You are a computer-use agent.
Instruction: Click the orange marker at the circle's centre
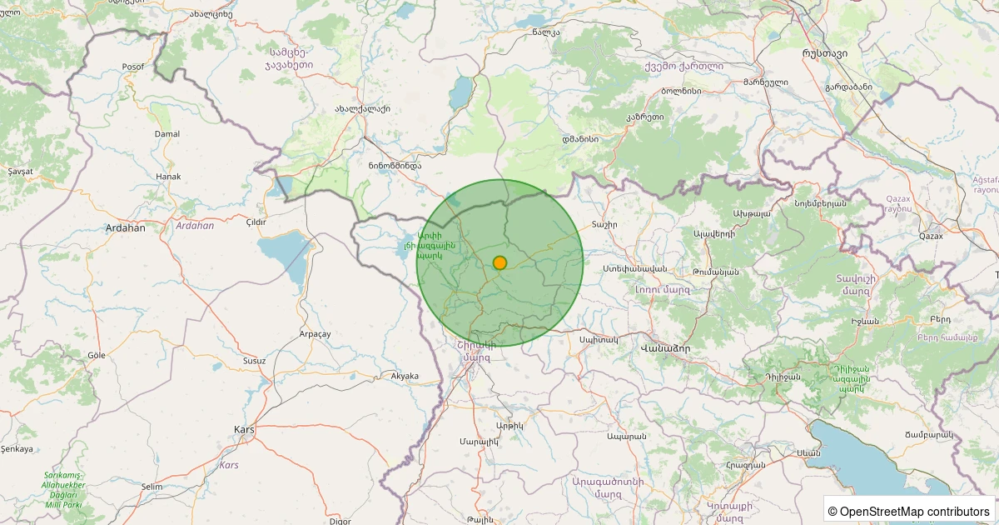499,262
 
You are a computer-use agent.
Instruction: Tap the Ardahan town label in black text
126,227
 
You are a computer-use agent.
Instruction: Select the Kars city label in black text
244,429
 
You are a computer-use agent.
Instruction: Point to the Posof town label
132,67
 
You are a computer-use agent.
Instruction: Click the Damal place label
167,133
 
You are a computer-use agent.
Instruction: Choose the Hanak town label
168,177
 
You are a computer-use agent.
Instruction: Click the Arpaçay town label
315,333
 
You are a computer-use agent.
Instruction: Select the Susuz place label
254,361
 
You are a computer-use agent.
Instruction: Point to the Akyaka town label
405,376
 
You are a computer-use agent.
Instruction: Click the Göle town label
97,355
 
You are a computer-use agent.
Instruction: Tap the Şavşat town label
20,171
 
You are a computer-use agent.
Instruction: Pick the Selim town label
152,486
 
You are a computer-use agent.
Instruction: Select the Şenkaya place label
17,449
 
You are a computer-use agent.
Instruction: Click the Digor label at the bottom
340,521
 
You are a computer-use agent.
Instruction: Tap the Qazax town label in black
931,236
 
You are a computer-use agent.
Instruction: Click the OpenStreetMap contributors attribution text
908,511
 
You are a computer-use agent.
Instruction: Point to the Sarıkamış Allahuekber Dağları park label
63,489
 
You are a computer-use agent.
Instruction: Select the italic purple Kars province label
229,464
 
